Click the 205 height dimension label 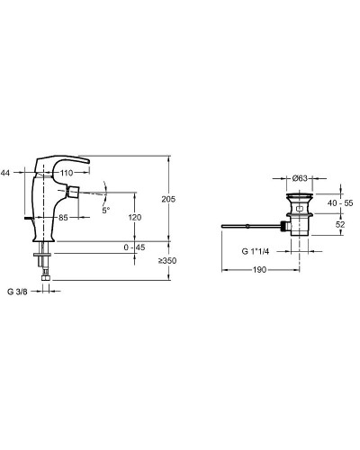coord(168,199)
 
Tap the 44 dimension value coord(5,173)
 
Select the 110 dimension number coord(67,173)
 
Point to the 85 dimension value coord(63,218)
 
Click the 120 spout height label coord(135,218)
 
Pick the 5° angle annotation coord(106,211)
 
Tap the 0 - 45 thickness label coord(134,247)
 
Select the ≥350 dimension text coord(167,261)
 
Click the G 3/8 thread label coord(17,292)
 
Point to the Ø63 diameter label coord(300,178)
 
